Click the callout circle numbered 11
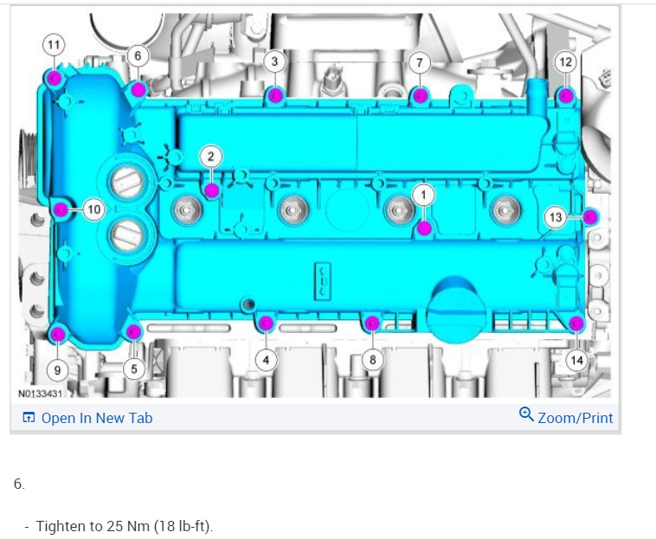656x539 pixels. tap(54, 45)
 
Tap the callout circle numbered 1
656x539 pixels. tap(423, 196)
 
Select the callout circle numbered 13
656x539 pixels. tap(556, 217)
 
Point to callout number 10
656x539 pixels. tap(93, 209)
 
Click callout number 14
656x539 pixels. tap(576, 360)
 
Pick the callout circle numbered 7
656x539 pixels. tap(420, 62)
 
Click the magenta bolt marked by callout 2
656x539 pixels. tap(212, 190)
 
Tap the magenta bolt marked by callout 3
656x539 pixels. tap(275, 96)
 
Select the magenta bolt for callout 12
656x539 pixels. tap(566, 96)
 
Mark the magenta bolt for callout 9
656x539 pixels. tap(57, 334)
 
